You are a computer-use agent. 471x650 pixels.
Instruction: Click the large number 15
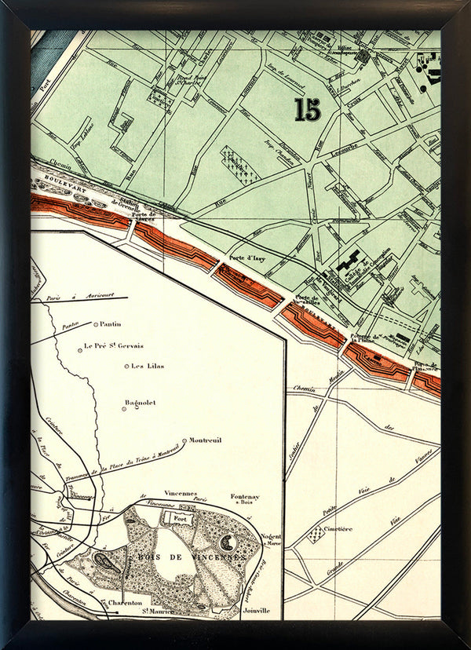pos(308,109)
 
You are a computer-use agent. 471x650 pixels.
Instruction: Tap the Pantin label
pos(111,323)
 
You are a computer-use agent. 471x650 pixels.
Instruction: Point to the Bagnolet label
pos(141,403)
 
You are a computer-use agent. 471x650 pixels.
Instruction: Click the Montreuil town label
pos(206,440)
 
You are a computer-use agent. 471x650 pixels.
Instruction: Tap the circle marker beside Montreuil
pos(184,440)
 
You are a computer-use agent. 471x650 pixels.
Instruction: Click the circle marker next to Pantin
pos(96,324)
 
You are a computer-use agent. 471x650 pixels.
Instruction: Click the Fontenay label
pos(245,497)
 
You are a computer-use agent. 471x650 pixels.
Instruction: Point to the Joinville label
pos(257,609)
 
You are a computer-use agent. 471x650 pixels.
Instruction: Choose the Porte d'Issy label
pos(244,257)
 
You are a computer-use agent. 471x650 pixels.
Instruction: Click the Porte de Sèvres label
pos(144,217)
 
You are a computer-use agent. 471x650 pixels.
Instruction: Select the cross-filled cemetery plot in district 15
pos(238,163)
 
